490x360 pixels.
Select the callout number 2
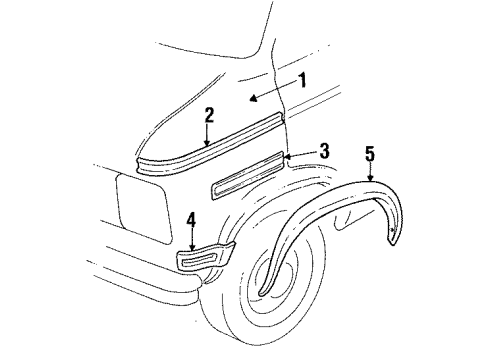click(208, 116)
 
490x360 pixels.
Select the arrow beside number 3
click(287, 156)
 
